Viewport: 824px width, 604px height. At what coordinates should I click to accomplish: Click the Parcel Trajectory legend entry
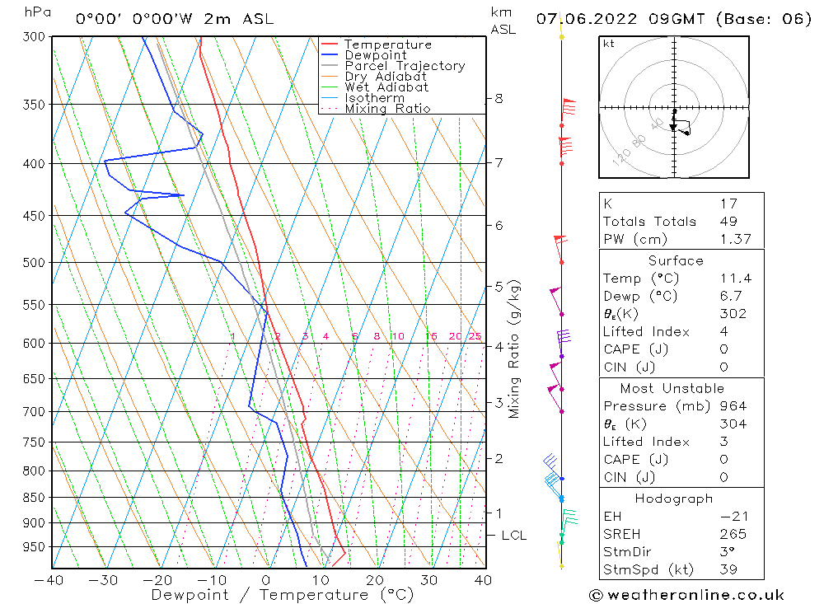click(x=405, y=66)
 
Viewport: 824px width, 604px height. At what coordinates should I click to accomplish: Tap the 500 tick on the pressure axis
click(x=36, y=262)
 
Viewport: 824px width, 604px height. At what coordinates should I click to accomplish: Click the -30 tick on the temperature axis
click(x=104, y=580)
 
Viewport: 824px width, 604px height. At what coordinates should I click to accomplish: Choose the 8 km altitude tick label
click(x=499, y=99)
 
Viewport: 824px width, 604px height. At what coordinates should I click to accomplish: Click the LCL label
click(x=513, y=536)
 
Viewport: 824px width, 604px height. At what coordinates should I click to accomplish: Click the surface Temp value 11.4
click(x=736, y=279)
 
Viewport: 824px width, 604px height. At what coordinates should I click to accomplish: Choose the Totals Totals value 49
click(x=728, y=221)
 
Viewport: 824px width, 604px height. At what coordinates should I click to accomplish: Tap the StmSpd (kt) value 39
click(x=728, y=569)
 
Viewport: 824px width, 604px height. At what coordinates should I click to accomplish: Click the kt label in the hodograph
click(x=609, y=44)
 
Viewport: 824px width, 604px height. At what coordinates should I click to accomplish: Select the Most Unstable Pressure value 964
click(x=733, y=406)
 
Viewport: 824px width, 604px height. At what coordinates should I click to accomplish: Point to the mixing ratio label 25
click(x=475, y=336)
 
